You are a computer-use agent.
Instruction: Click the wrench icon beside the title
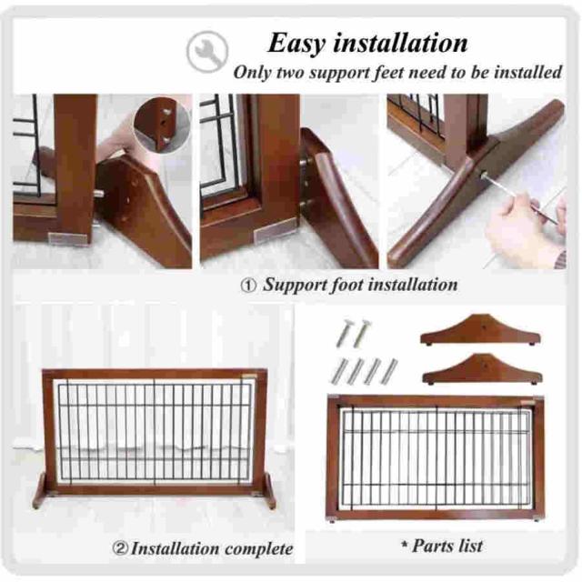click(x=207, y=51)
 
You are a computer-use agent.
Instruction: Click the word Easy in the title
click(x=297, y=44)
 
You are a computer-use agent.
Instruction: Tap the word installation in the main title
click(x=400, y=43)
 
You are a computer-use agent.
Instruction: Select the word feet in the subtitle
click(x=389, y=72)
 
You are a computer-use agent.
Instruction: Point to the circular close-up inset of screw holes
click(x=162, y=125)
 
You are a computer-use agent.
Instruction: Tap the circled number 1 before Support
click(x=248, y=286)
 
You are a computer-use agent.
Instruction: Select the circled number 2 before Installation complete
click(x=120, y=547)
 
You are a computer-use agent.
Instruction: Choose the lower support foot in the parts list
click(x=482, y=370)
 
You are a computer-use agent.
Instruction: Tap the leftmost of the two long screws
click(x=345, y=334)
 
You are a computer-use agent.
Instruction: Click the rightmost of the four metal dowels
click(x=389, y=371)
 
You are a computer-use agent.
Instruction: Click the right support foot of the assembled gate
click(x=270, y=491)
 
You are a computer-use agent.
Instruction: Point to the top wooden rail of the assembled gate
click(x=155, y=374)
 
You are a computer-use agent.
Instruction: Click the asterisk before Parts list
click(x=405, y=545)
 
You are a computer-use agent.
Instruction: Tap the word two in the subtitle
click(x=293, y=73)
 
